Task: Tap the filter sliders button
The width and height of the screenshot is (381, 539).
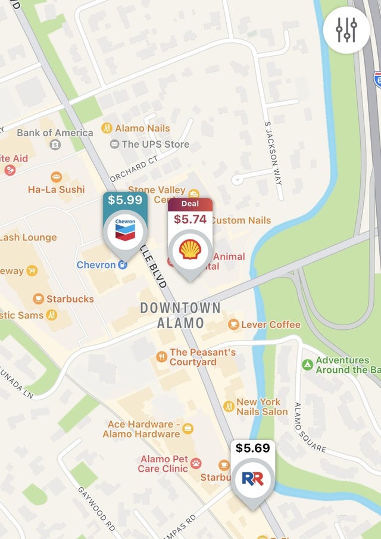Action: [x=346, y=29]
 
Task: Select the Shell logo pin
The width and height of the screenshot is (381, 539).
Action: [x=190, y=250]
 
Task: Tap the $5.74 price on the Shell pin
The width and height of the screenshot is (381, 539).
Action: [x=190, y=219]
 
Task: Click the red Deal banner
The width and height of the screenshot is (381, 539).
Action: [x=190, y=204]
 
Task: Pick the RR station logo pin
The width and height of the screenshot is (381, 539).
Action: [x=253, y=478]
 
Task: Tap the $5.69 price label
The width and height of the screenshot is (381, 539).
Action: [x=253, y=448]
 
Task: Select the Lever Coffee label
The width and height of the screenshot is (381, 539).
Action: [x=271, y=325]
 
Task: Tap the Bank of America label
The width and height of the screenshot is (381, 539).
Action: [x=55, y=133]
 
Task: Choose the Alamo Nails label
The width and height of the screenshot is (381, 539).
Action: [x=142, y=128]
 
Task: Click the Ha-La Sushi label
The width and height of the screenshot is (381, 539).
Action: [x=56, y=189]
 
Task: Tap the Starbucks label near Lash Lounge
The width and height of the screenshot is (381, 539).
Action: [x=70, y=298]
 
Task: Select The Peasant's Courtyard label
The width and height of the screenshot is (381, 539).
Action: [x=202, y=357]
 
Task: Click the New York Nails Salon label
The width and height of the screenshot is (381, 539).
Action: [x=261, y=407]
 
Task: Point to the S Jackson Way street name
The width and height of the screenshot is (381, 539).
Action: [x=273, y=152]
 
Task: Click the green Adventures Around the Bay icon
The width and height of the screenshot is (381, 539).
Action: [x=307, y=364]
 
